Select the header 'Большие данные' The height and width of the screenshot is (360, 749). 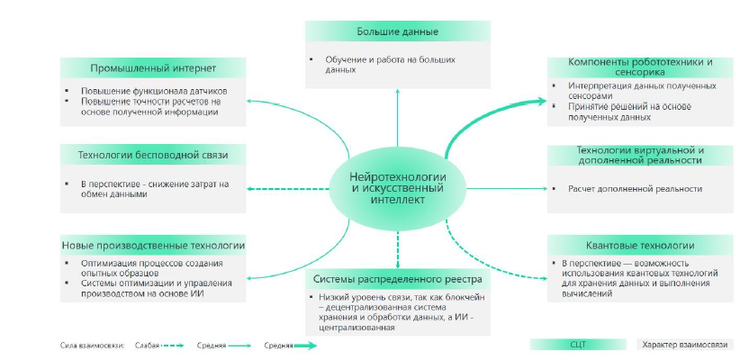[x=397, y=31]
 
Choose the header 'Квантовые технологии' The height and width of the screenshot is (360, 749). [x=640, y=245]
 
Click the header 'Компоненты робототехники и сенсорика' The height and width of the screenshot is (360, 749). [x=640, y=67]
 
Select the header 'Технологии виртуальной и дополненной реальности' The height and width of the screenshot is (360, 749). [x=640, y=155]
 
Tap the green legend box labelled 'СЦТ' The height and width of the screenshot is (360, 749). [x=577, y=344]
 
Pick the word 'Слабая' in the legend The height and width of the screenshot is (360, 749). [x=149, y=345]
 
